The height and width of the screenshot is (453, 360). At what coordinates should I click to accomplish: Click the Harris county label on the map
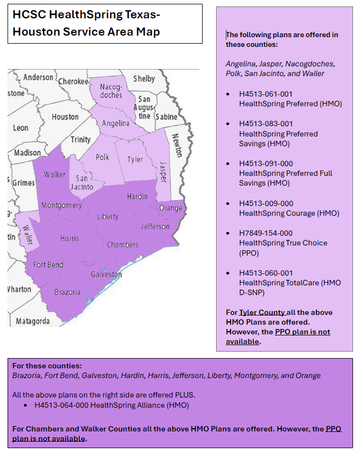pyautogui.click(x=70, y=238)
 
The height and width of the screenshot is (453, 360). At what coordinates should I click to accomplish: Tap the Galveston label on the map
pyautogui.click(x=106, y=274)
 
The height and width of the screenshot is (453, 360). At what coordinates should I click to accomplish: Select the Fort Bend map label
pyautogui.click(x=48, y=265)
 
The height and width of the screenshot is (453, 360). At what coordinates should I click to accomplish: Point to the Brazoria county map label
pyautogui.click(x=67, y=292)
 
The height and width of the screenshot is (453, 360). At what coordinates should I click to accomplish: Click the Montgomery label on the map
pyautogui.click(x=61, y=205)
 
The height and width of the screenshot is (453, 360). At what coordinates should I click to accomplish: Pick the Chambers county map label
pyautogui.click(x=122, y=245)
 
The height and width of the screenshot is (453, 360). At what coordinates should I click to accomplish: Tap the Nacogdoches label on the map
pyautogui.click(x=112, y=91)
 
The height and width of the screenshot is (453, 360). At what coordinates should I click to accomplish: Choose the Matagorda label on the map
pyautogui.click(x=33, y=321)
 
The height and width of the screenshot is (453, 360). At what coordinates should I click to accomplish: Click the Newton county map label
pyautogui.click(x=176, y=145)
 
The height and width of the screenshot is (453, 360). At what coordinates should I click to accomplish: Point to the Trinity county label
pyautogui.click(x=80, y=140)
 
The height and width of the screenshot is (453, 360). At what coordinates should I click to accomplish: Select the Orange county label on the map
pyautogui.click(x=171, y=208)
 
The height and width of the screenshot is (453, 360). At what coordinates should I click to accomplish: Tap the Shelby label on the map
pyautogui.click(x=144, y=79)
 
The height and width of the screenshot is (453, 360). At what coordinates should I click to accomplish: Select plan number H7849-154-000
pyautogui.click(x=266, y=233)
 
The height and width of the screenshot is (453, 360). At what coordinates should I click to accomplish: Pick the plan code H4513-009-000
pyautogui.click(x=266, y=203)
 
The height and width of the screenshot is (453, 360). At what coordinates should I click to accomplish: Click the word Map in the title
pyautogui.click(x=148, y=31)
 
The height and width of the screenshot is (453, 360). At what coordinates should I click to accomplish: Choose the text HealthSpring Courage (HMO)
pyautogui.click(x=289, y=213)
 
